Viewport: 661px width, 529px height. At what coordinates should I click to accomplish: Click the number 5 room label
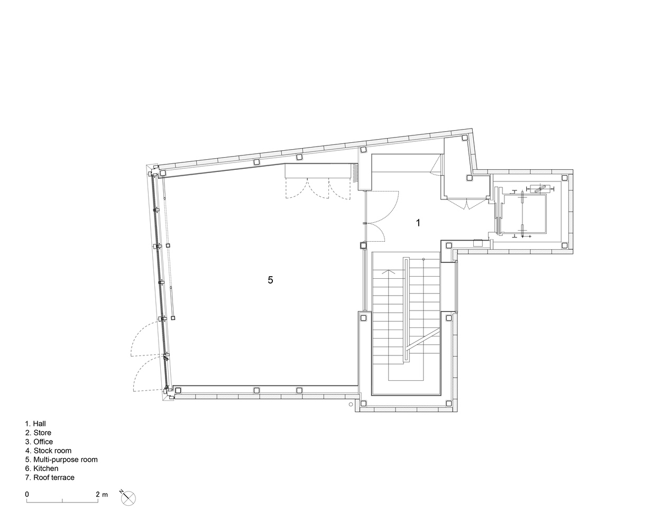(x=270, y=280)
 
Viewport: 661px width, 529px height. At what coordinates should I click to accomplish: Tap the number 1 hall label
(x=418, y=223)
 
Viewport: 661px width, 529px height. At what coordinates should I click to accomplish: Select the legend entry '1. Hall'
(x=35, y=424)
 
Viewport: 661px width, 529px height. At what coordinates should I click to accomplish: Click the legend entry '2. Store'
(x=38, y=433)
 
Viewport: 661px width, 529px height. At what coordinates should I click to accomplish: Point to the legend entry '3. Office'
(x=39, y=441)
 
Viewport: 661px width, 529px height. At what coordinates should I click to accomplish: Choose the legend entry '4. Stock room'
(x=48, y=450)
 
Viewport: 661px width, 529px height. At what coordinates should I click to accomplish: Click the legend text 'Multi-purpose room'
(x=66, y=460)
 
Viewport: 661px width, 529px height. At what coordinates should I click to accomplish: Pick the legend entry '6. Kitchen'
(x=41, y=469)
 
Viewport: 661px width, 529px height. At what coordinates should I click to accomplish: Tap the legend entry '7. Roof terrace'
(x=50, y=477)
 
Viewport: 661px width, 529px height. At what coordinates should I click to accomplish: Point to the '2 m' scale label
(x=102, y=494)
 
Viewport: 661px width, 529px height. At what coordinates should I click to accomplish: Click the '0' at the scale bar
(x=27, y=494)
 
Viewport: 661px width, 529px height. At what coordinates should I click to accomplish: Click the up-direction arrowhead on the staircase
(x=389, y=271)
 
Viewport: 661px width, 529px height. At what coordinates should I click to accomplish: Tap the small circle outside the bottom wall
(x=351, y=405)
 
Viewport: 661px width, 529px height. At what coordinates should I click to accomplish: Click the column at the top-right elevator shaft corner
(x=565, y=178)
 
